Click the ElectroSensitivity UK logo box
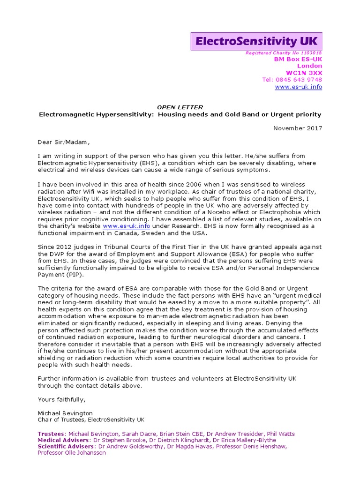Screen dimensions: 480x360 pos(257,41)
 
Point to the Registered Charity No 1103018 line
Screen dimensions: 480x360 pos(284,53)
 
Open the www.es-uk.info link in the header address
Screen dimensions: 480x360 pos(298,87)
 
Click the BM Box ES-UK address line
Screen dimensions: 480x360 pos(298,59)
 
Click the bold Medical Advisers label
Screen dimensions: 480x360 pos(63,440)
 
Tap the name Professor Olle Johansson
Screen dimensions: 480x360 pos(71,453)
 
